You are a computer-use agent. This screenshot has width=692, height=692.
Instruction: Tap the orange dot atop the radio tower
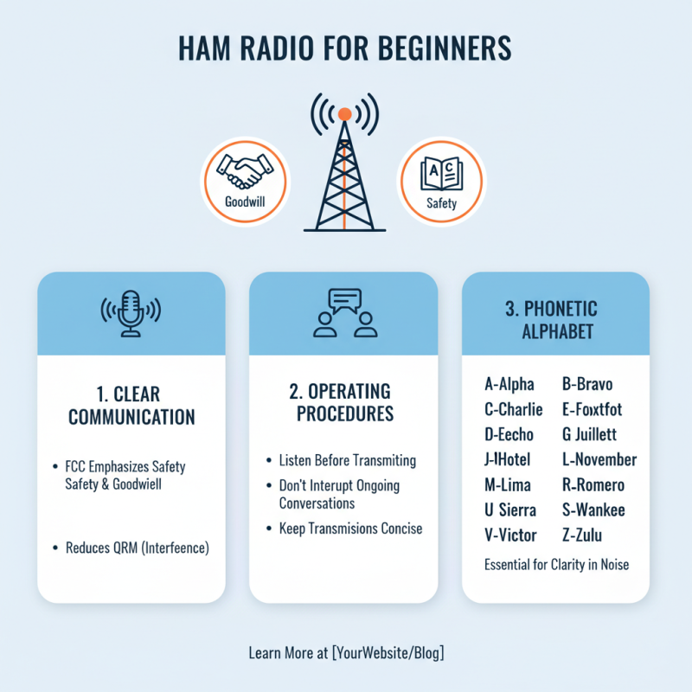[344, 113]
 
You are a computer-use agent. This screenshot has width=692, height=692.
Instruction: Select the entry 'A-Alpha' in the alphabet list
[509, 384]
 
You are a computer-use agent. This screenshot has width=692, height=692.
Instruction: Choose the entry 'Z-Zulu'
[591, 535]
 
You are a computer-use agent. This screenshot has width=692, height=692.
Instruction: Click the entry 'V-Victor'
[510, 535]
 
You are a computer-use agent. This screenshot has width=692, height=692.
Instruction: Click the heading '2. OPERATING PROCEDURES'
[343, 402]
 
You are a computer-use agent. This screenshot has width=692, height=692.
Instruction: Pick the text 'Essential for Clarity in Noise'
[556, 565]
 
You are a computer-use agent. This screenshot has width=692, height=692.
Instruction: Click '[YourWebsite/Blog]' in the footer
[388, 653]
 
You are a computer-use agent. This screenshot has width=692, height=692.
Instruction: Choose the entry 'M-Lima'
[508, 485]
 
